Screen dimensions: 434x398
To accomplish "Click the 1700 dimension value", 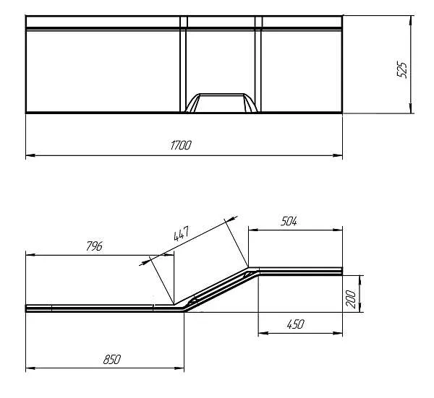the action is coord(181,145).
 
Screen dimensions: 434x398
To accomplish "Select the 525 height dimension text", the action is coord(402,70).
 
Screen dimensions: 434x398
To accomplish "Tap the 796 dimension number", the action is coord(94,246).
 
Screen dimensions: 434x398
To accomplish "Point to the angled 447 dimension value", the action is coord(182,234).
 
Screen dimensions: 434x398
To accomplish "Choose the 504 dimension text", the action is coord(289,221).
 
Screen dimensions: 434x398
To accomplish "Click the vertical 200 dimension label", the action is coord(350,299).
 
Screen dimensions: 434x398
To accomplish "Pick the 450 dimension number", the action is coord(295,324).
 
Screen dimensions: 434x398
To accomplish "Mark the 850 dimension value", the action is coord(112,359).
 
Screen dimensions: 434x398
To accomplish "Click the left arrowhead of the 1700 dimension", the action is coord(30,155).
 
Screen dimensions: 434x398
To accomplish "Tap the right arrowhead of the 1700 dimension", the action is coord(338,155).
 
